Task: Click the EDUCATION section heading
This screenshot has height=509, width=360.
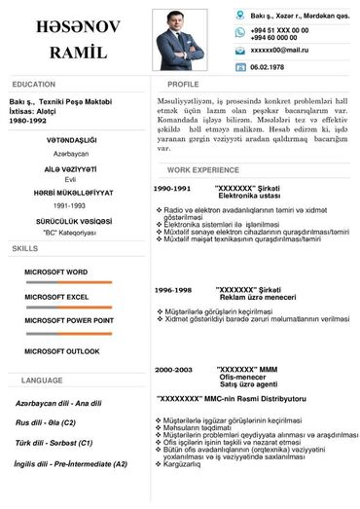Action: (x=34, y=85)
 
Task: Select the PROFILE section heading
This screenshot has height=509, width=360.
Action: (x=183, y=85)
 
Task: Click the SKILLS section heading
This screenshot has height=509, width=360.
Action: (x=25, y=250)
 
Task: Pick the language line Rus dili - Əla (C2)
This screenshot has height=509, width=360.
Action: (x=46, y=423)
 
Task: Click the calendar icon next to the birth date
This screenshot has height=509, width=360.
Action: (x=240, y=67)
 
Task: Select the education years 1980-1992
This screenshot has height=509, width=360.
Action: (x=29, y=120)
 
